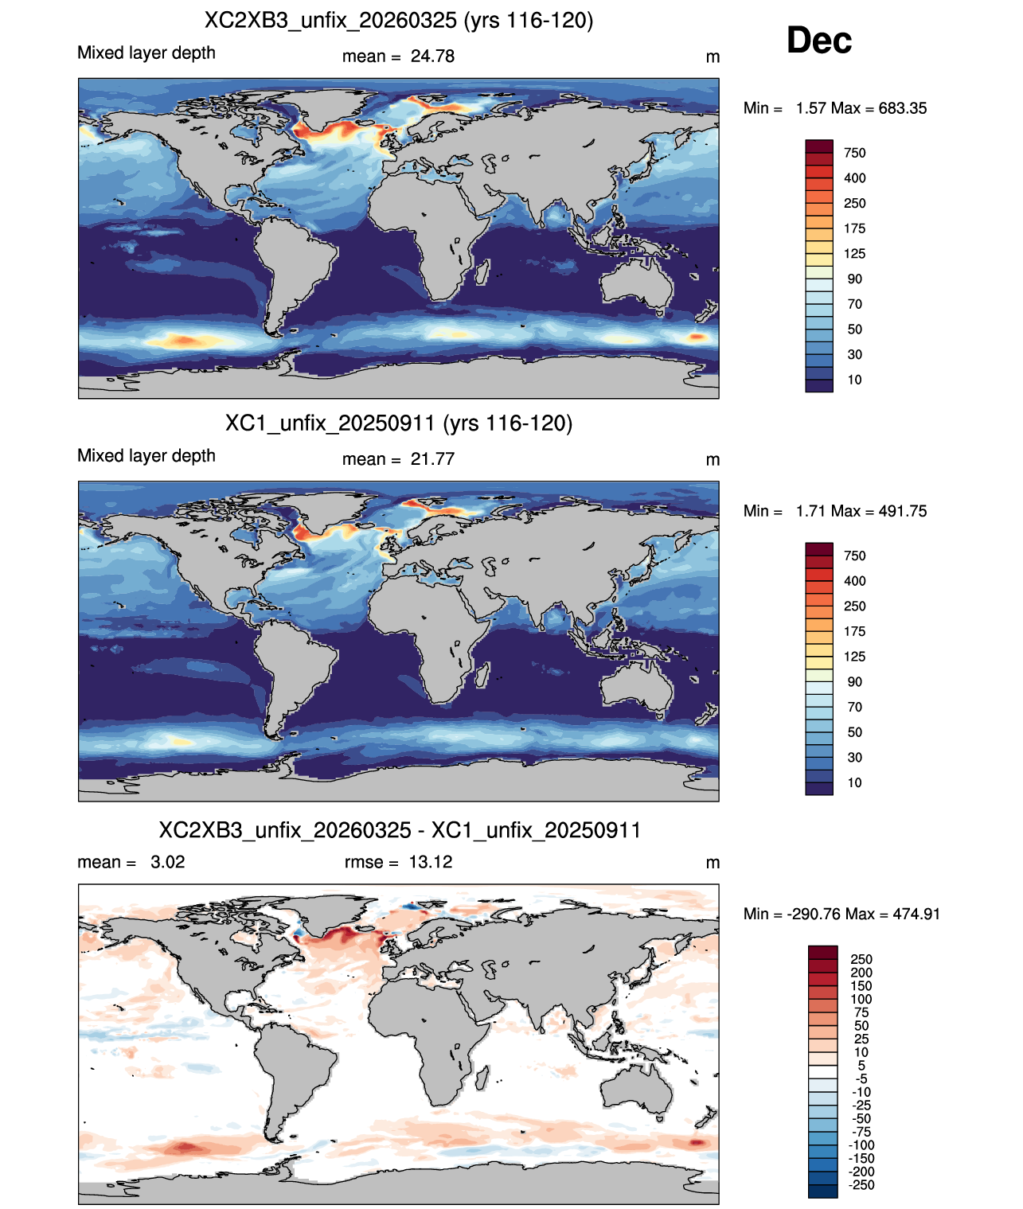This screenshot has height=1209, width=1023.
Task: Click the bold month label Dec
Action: click(818, 41)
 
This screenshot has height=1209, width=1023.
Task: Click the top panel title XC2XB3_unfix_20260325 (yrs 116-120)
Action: click(398, 21)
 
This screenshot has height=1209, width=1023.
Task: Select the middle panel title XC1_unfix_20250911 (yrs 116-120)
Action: click(398, 423)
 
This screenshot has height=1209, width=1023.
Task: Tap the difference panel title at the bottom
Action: click(400, 830)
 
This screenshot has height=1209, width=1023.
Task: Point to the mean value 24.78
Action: click(432, 57)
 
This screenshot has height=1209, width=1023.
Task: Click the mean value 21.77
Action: click(432, 459)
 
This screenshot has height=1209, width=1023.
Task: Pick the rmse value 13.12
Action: click(431, 862)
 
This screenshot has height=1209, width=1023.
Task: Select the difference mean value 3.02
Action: click(167, 862)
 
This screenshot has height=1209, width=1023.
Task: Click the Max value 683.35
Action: click(902, 108)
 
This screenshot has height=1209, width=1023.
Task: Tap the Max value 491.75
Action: click(902, 511)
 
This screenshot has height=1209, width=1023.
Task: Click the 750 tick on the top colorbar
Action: click(854, 153)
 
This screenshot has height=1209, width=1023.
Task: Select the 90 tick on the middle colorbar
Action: click(854, 682)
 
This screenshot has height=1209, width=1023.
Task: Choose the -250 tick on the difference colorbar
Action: click(861, 1185)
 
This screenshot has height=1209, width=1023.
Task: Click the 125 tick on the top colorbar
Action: click(854, 254)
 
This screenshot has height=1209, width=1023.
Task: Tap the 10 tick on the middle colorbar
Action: click(854, 782)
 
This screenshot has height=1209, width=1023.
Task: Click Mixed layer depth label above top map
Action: click(146, 53)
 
